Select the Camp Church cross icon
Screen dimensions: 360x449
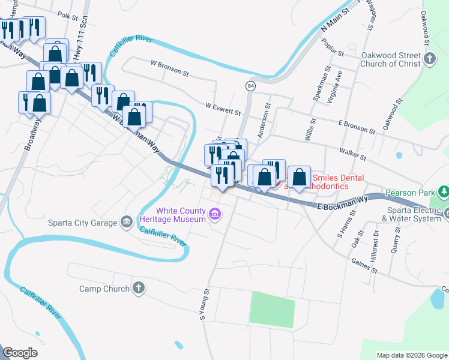pyautogui.click(x=139, y=288)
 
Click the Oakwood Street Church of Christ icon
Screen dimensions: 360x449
pyautogui.click(x=429, y=59)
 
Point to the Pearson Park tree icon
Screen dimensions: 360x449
pyautogui.click(x=444, y=192)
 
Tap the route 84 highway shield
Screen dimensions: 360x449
pyautogui.click(x=250, y=86)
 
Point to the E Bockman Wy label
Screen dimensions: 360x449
pyautogui.click(x=342, y=203)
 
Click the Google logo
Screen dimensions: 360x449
pyautogui.click(x=20, y=353)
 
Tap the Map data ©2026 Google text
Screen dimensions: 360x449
pyautogui.click(x=412, y=355)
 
